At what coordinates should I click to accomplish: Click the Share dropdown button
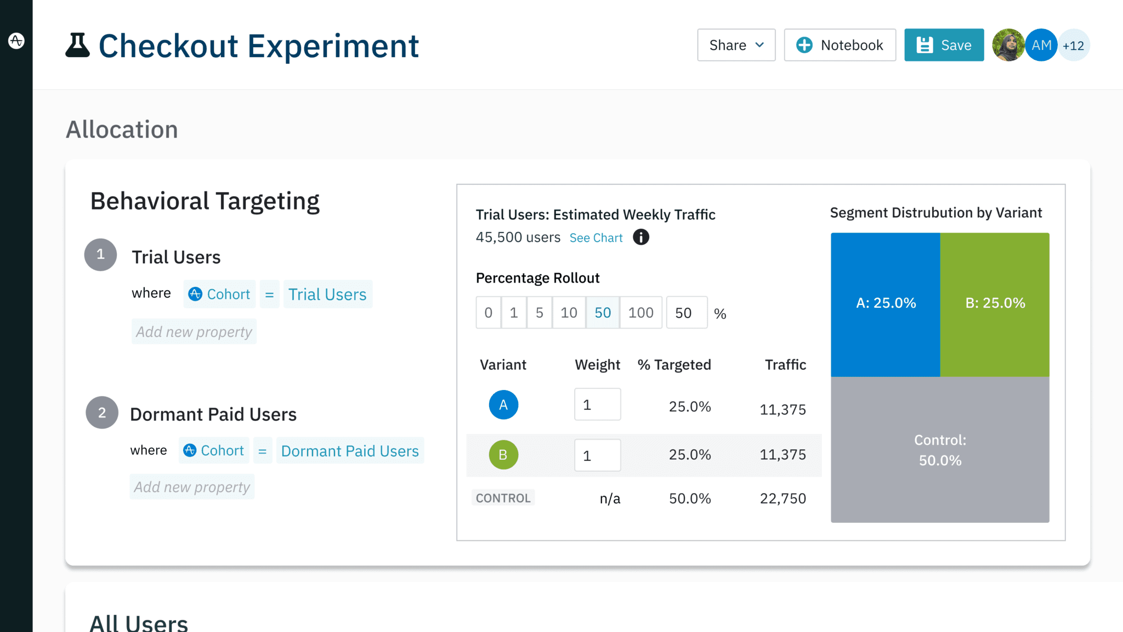point(736,45)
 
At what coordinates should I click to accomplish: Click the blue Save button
point(944,45)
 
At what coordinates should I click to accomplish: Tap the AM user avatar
point(1041,45)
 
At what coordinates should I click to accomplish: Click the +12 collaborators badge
point(1074,46)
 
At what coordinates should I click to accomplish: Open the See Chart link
point(596,238)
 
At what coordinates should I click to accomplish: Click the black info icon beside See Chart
point(640,237)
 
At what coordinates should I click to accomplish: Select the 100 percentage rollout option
point(640,313)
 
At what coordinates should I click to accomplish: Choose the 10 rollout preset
point(569,313)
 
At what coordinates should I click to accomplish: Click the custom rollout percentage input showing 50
point(687,313)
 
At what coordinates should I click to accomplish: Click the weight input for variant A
point(597,405)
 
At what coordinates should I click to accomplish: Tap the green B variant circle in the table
point(503,455)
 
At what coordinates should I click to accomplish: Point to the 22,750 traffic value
point(782,498)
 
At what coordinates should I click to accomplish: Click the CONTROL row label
point(503,498)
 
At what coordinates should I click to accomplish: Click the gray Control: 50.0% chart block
point(940,450)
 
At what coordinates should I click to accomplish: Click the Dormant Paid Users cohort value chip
point(350,451)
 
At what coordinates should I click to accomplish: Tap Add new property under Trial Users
point(194,332)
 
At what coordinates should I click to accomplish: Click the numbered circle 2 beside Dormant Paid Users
point(102,413)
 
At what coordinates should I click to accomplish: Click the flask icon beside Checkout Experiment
point(77,45)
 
